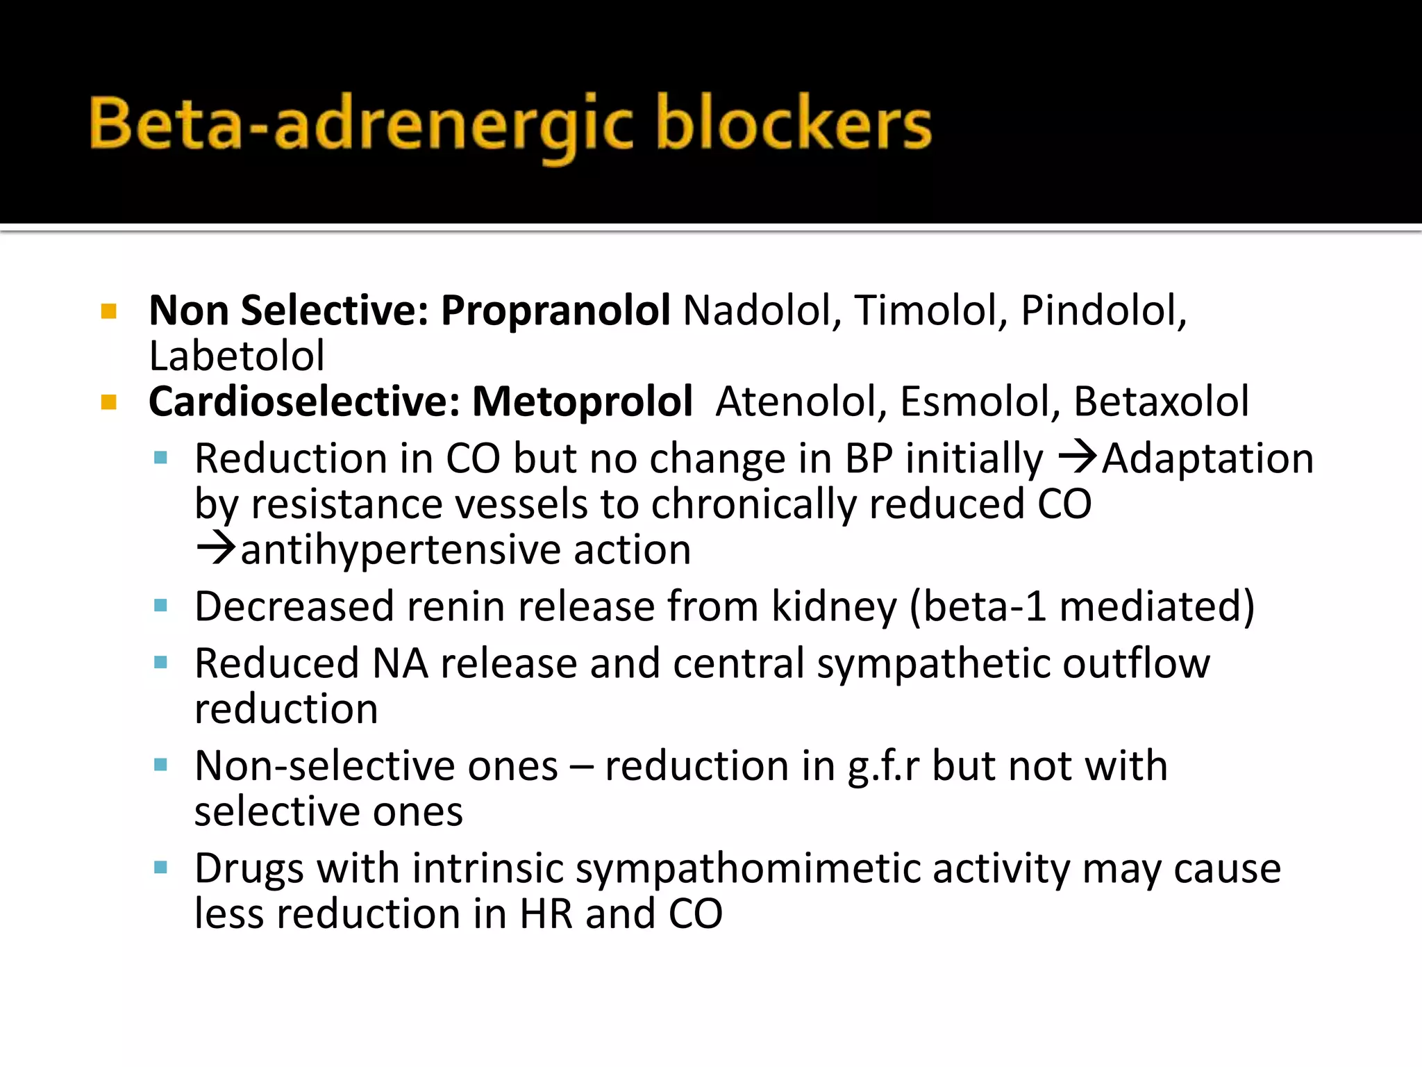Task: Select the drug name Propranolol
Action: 555,311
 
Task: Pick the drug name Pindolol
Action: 1103,311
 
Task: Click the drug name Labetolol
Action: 237,356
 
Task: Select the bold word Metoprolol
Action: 582,402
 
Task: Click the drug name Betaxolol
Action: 1161,402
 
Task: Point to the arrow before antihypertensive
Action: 216,548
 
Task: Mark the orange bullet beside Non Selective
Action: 109,311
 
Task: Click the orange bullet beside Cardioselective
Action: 109,402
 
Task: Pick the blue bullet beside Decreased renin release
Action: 161,606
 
